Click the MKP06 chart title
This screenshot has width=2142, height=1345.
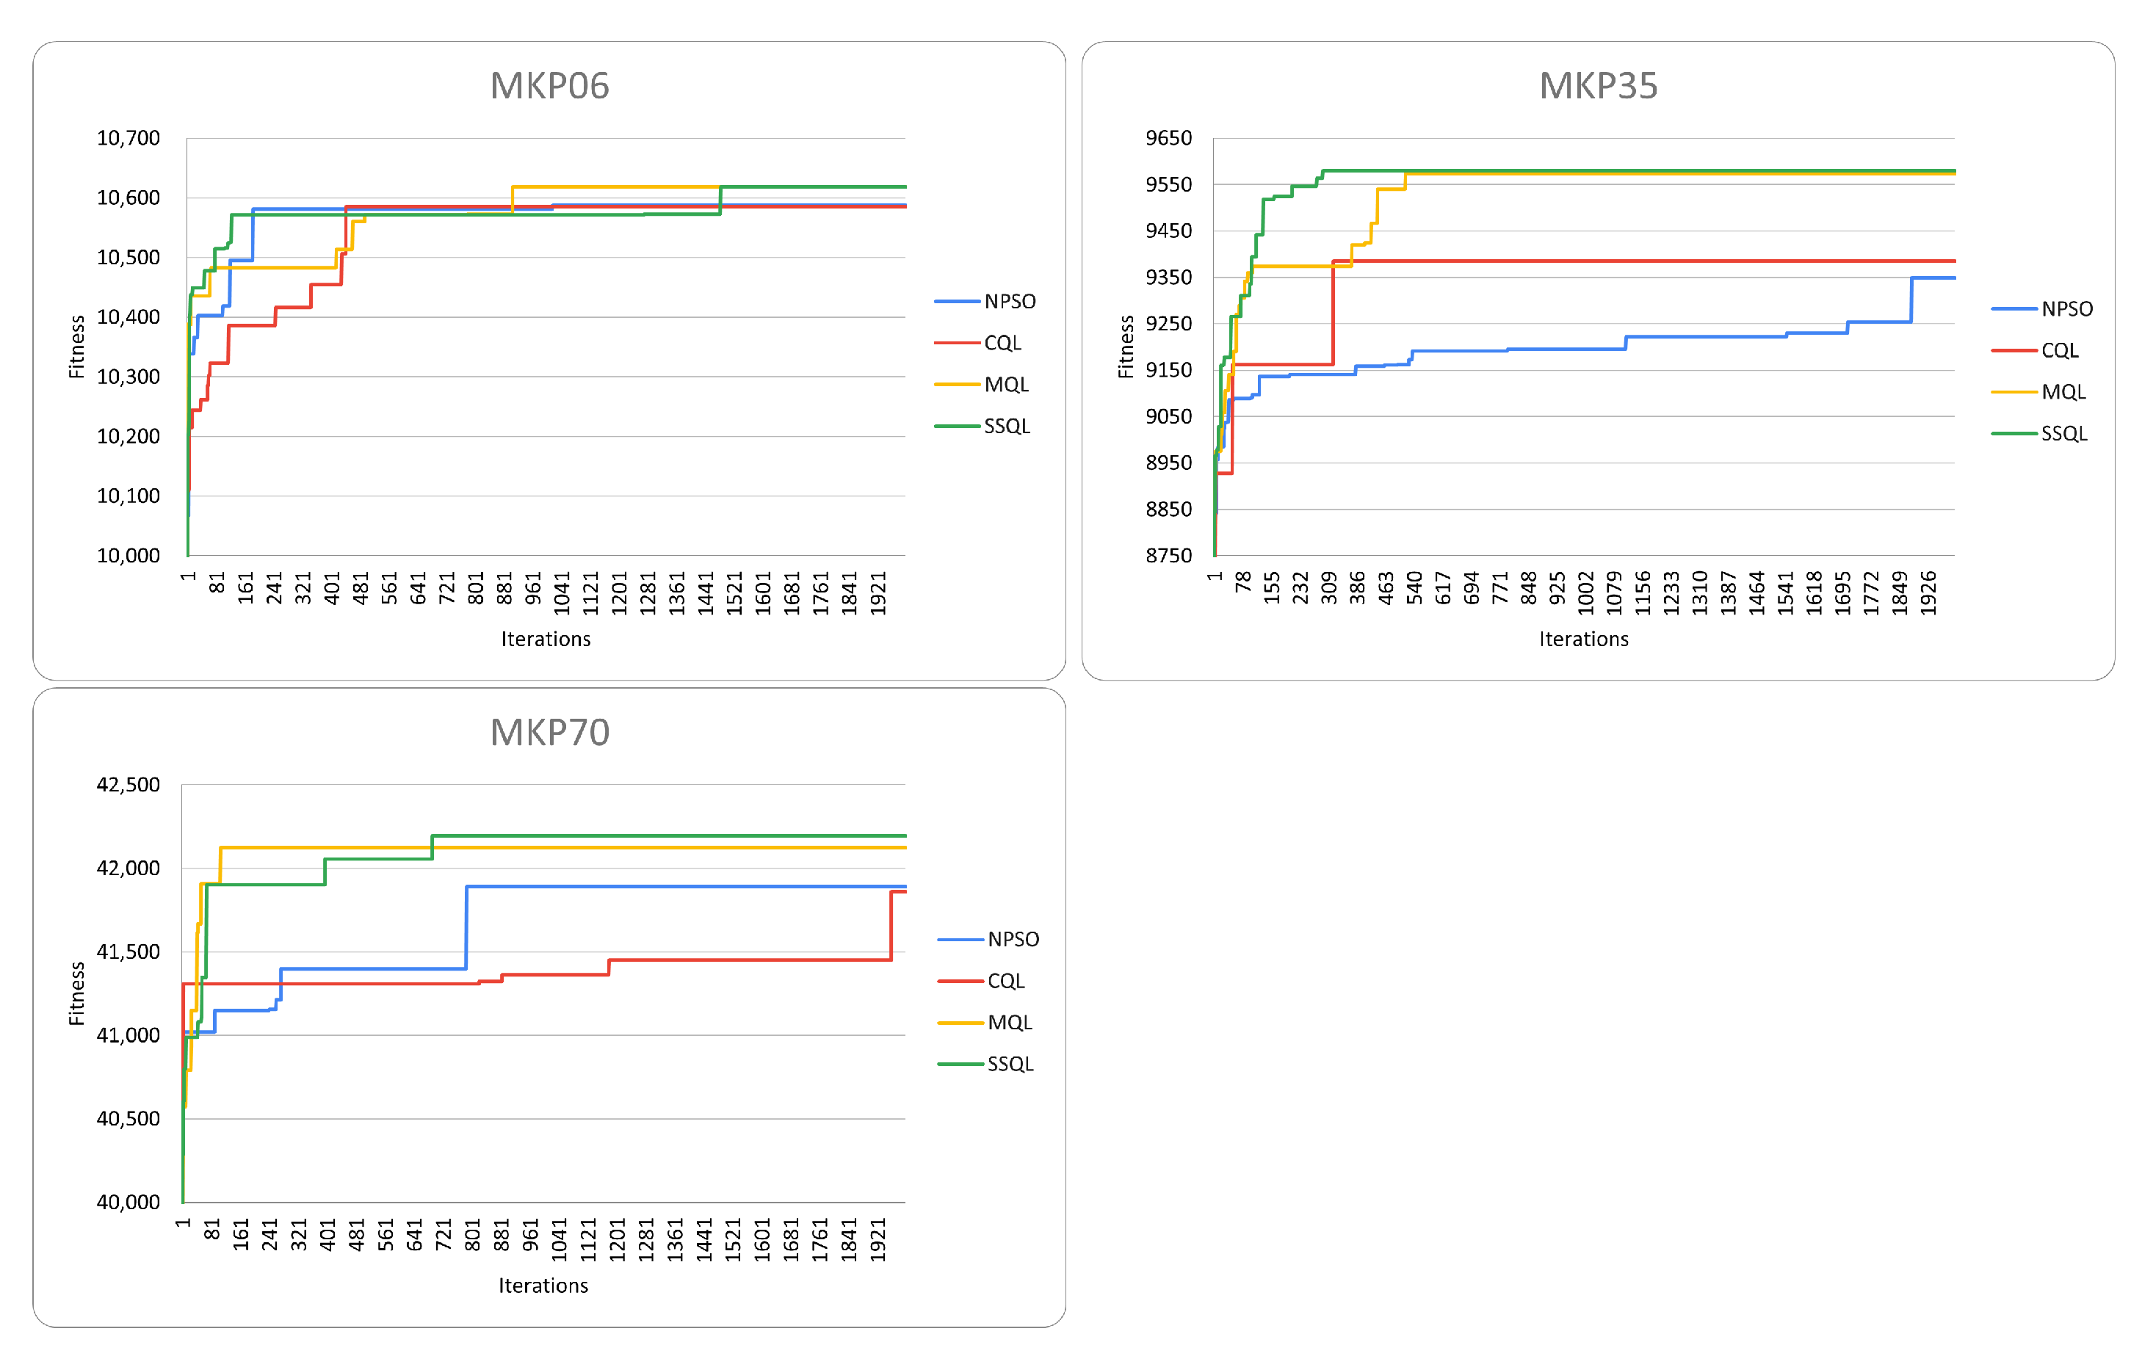(x=550, y=87)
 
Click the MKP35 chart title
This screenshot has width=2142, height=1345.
(x=1598, y=87)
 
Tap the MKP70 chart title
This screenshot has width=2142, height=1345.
(x=550, y=733)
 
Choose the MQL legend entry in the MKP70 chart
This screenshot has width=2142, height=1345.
(x=1010, y=1023)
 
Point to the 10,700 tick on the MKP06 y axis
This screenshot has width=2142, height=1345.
(x=128, y=139)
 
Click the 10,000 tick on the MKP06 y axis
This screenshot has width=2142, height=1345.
(x=128, y=556)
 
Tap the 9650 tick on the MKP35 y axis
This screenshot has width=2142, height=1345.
(x=1168, y=139)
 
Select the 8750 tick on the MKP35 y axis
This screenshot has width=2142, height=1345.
(x=1168, y=556)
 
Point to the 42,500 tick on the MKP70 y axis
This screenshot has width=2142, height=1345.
(x=128, y=785)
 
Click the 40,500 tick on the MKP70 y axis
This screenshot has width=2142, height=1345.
(x=128, y=1119)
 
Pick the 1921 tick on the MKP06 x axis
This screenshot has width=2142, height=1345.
(x=878, y=589)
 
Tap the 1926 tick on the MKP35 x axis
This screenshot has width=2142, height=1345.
(x=1927, y=589)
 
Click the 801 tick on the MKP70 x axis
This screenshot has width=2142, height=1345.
(x=472, y=1236)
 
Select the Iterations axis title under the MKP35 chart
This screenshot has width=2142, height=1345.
(x=1583, y=639)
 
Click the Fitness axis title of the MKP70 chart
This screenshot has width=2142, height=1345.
(x=77, y=993)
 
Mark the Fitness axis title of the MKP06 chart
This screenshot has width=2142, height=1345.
(x=77, y=347)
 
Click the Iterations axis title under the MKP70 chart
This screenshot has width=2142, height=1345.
(x=543, y=1286)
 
